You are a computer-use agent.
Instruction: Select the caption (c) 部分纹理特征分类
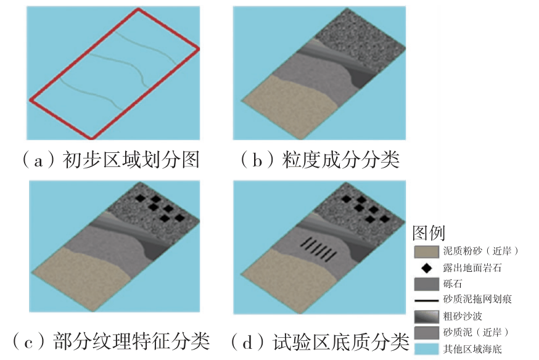point(111,340)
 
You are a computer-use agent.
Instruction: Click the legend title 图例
point(428,234)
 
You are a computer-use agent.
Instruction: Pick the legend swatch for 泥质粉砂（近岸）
point(426,251)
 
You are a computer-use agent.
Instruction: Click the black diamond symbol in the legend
point(426,268)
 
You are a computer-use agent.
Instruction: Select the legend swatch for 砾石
point(426,284)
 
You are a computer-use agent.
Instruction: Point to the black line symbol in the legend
point(426,300)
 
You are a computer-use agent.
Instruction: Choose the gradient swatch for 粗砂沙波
point(426,317)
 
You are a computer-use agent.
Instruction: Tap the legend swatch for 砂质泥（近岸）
point(426,333)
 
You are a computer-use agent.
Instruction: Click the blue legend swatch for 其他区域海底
point(426,350)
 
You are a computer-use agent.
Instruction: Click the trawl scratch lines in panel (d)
point(318,250)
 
